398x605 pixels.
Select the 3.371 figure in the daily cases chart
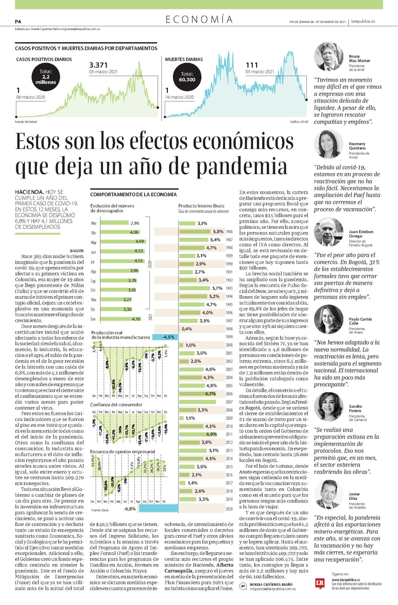coord(99,65)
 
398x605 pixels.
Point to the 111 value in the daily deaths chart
coord(252,65)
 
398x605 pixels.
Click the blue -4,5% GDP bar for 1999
coord(165,337)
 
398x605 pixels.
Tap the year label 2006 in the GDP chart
coord(229,394)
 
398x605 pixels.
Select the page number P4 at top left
coord(18,22)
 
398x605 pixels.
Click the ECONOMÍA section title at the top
coord(199,20)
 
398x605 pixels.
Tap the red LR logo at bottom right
coord(320,583)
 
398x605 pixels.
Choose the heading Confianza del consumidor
coord(116,404)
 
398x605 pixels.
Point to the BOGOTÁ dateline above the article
coord(77,251)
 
